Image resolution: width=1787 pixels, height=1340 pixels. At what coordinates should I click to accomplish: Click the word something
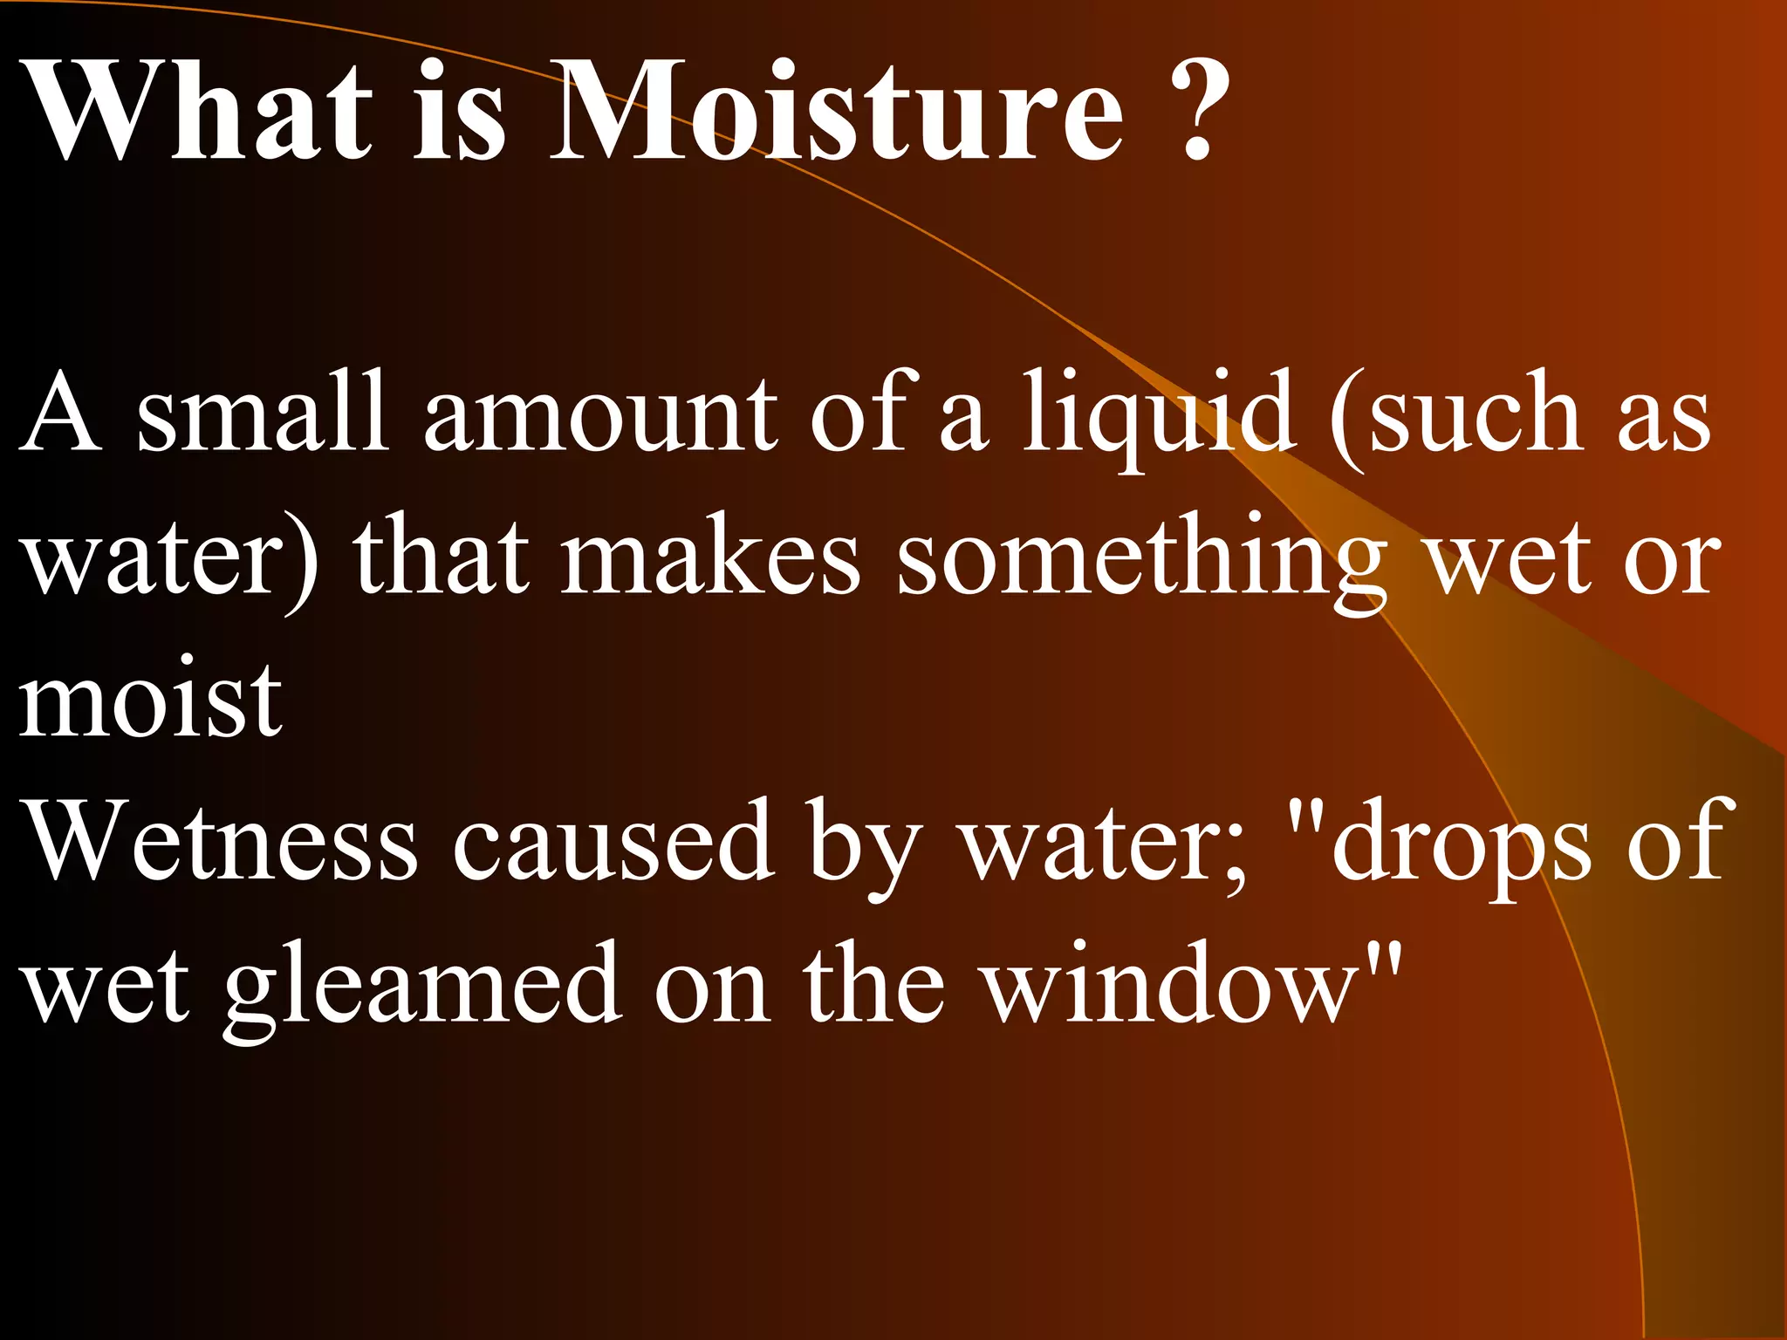[1142, 558]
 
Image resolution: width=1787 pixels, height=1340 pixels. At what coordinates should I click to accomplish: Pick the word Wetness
[222, 842]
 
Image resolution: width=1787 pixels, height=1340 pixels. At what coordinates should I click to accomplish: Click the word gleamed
[422, 986]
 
